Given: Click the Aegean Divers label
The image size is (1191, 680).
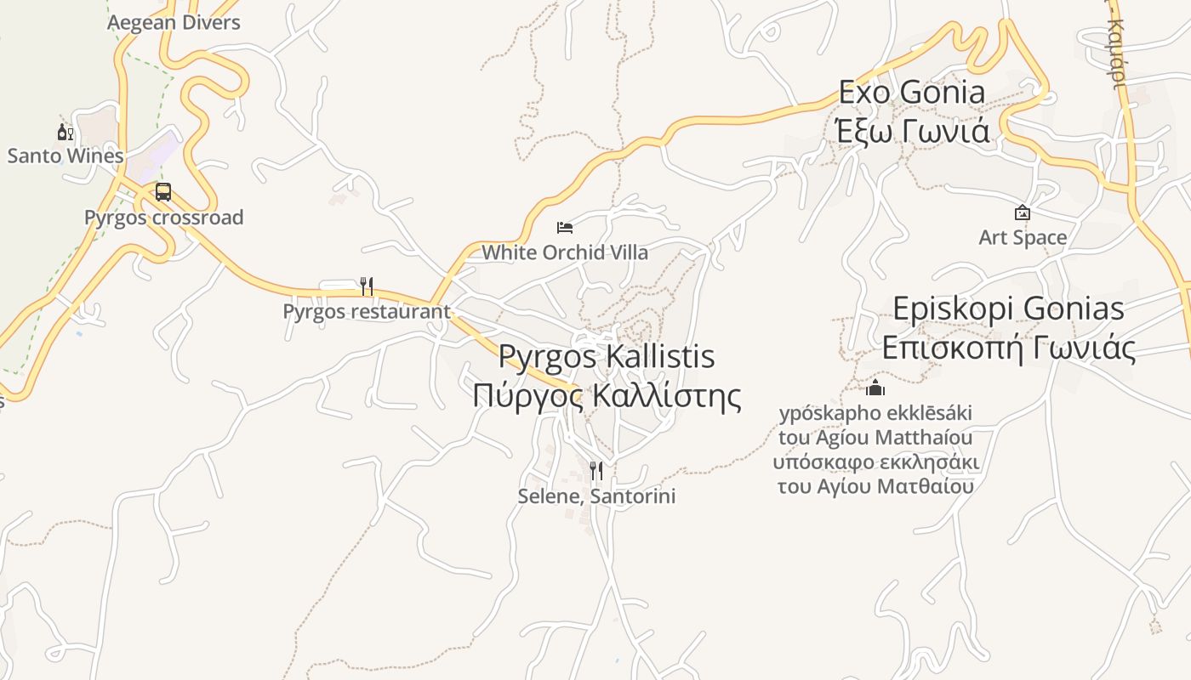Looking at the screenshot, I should (174, 23).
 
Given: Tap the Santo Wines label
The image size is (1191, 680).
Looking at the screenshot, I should (66, 156).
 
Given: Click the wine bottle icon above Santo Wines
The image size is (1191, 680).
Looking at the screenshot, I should (66, 132).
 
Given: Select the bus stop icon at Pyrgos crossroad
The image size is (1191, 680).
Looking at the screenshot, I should (163, 192).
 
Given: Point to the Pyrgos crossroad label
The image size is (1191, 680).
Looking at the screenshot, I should (163, 218).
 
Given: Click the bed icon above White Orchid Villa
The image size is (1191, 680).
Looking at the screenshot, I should (565, 227).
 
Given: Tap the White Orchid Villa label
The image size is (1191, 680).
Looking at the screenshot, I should (565, 252).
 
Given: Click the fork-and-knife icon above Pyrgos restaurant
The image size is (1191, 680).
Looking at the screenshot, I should (367, 286).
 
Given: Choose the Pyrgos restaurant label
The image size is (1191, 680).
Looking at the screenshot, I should (367, 311).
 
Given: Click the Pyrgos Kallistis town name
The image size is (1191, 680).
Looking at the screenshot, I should (607, 356).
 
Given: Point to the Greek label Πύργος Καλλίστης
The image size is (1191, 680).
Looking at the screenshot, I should (607, 396).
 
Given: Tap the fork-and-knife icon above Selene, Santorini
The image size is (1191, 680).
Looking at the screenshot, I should (596, 470).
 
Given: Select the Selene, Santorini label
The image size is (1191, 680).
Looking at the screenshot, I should (596, 496).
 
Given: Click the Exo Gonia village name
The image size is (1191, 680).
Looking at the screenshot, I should (912, 92).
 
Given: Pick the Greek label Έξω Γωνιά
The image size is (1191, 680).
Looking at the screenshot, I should (912, 132).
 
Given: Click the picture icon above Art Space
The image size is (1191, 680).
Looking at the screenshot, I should (1023, 212).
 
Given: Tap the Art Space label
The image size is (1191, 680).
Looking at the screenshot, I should (1023, 237).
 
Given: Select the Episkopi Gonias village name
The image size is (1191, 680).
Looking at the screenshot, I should (1008, 308).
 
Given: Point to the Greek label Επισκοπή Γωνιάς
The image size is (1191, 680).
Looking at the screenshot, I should (1008, 348).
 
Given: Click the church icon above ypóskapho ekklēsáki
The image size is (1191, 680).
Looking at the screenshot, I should (875, 389).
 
